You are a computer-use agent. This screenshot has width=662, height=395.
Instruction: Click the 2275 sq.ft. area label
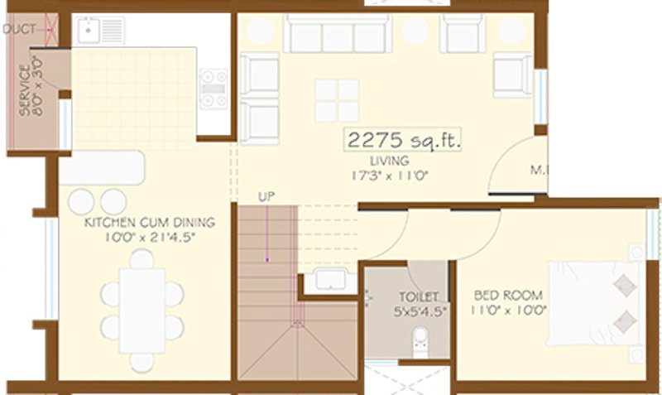pyautogui.click(x=402, y=140)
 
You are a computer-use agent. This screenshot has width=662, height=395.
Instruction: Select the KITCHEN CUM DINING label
pyautogui.click(x=149, y=223)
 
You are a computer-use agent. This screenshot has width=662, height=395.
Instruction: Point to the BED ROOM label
pyautogui.click(x=508, y=295)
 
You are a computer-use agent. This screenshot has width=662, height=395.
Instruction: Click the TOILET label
pyautogui.click(x=411, y=296)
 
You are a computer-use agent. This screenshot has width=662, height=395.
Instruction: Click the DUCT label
pyautogui.click(x=19, y=30)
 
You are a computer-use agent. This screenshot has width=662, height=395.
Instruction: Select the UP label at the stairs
pyautogui.click(x=266, y=198)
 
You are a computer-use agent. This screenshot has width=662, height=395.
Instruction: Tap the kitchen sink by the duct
pyautogui.click(x=88, y=31)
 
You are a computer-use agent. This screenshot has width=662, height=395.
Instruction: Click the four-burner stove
pyautogui.click(x=213, y=89)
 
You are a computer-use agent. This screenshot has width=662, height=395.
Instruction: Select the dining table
pyautogui.click(x=142, y=308)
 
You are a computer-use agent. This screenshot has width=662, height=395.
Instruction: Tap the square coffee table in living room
pyautogui.click(x=337, y=100)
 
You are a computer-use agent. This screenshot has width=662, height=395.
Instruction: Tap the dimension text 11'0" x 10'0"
pyautogui.click(x=508, y=311)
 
